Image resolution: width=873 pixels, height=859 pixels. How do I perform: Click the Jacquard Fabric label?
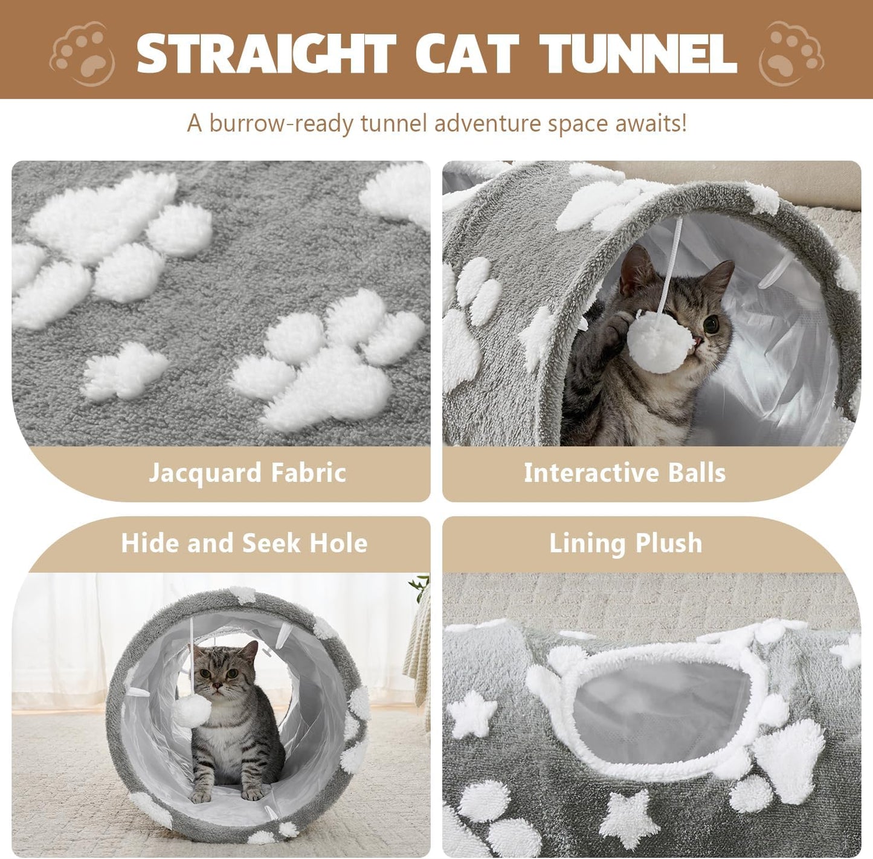pos(247,473)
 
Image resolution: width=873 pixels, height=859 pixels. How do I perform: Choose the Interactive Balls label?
pos(625,473)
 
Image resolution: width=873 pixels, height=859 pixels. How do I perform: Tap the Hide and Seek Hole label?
pos(244,543)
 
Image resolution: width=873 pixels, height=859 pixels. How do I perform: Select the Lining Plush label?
pos(626,543)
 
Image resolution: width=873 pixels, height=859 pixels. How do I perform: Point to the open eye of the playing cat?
pos(712,324)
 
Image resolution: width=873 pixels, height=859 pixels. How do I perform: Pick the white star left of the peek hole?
pos(473,714)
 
